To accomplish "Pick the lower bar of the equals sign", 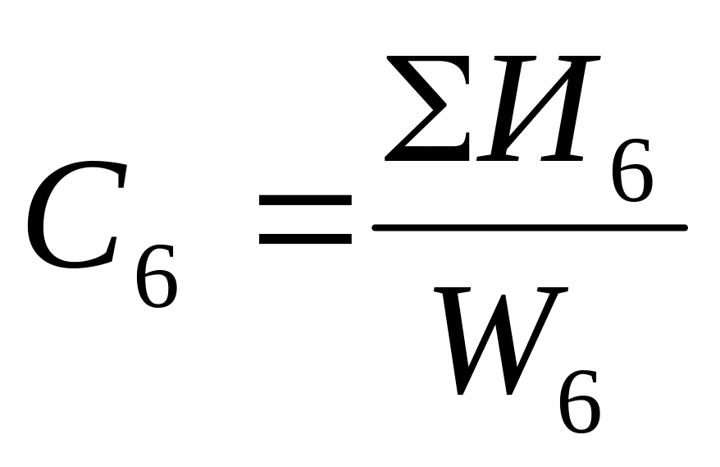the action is pos(305,240).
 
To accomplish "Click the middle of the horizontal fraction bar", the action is pos(529,227).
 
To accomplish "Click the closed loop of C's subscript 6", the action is pos(157,287).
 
